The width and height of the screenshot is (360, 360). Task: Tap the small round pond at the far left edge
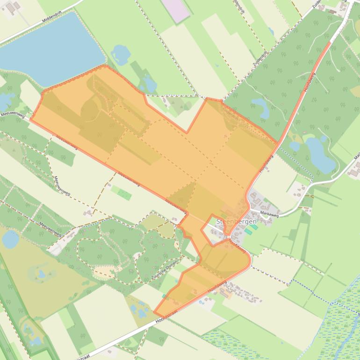click(10, 239)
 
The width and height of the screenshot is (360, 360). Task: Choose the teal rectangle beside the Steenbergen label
click(248, 231)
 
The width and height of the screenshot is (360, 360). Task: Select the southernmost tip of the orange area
click(155, 313)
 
